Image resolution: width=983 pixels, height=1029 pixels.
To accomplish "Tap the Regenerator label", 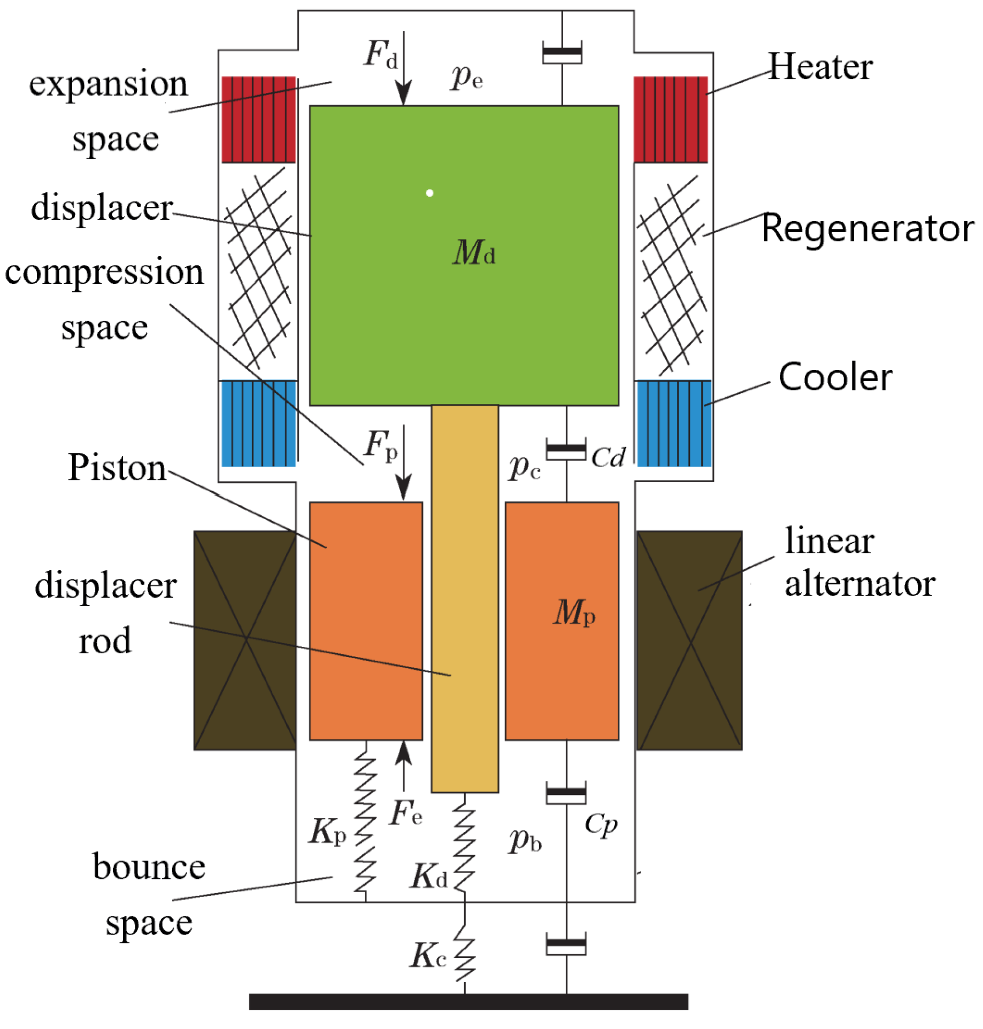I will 867,229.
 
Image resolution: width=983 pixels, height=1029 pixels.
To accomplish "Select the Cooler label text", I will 835,377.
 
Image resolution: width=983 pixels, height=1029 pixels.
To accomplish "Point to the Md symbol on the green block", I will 473,252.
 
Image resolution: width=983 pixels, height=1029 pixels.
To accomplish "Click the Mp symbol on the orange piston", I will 573,612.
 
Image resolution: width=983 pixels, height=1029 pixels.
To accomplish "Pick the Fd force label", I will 381,55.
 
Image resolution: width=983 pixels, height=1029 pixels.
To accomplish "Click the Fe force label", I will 405,813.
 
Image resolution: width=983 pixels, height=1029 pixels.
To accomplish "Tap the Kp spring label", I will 327,832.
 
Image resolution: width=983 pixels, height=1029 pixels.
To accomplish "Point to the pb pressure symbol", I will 525,840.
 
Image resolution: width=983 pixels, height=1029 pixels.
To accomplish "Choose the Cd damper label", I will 608,458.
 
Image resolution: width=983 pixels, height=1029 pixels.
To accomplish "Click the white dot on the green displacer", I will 429,193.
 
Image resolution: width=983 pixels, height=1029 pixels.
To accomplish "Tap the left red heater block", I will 259,119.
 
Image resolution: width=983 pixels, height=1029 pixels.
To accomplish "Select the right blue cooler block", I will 673,423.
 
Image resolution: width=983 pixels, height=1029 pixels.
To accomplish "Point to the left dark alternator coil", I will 245,640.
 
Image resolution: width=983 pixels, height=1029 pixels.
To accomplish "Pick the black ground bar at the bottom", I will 469,1001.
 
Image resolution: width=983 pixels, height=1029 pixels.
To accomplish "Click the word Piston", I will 117,468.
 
